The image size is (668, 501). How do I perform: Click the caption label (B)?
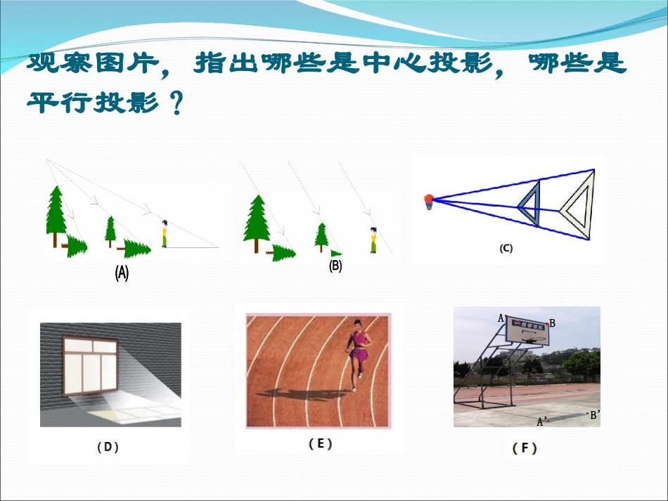click(335, 266)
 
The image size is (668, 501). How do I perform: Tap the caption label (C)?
click(506, 248)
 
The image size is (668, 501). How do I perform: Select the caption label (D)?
click(107, 446)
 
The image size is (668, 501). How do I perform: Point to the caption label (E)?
click(321, 443)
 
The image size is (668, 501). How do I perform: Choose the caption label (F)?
click(525, 448)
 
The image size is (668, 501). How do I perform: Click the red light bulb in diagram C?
click(428, 200)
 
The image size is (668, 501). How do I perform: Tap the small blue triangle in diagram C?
click(531, 204)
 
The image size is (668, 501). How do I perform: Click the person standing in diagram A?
click(165, 234)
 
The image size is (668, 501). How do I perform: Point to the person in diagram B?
click(373, 240)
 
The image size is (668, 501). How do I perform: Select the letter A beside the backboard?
click(501, 318)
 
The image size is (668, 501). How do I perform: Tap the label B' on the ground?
click(594, 415)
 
